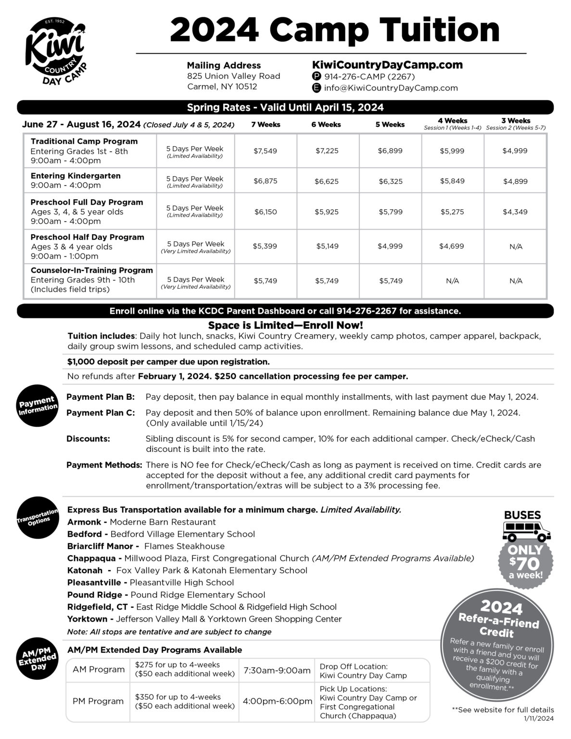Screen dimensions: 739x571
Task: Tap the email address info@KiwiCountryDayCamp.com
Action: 391,88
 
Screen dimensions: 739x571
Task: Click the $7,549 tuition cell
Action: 265,151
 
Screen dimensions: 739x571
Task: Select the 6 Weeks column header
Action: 326,125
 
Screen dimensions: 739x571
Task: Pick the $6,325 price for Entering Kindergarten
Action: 390,181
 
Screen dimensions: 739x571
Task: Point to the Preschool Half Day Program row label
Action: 88,237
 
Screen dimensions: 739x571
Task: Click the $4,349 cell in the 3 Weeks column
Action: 515,212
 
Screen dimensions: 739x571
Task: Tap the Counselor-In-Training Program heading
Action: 91,270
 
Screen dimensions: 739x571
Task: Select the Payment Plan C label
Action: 100,413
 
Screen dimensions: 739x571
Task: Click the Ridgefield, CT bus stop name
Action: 97,607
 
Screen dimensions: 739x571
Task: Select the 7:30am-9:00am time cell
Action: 277,670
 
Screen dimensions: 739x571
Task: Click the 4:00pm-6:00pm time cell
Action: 278,701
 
